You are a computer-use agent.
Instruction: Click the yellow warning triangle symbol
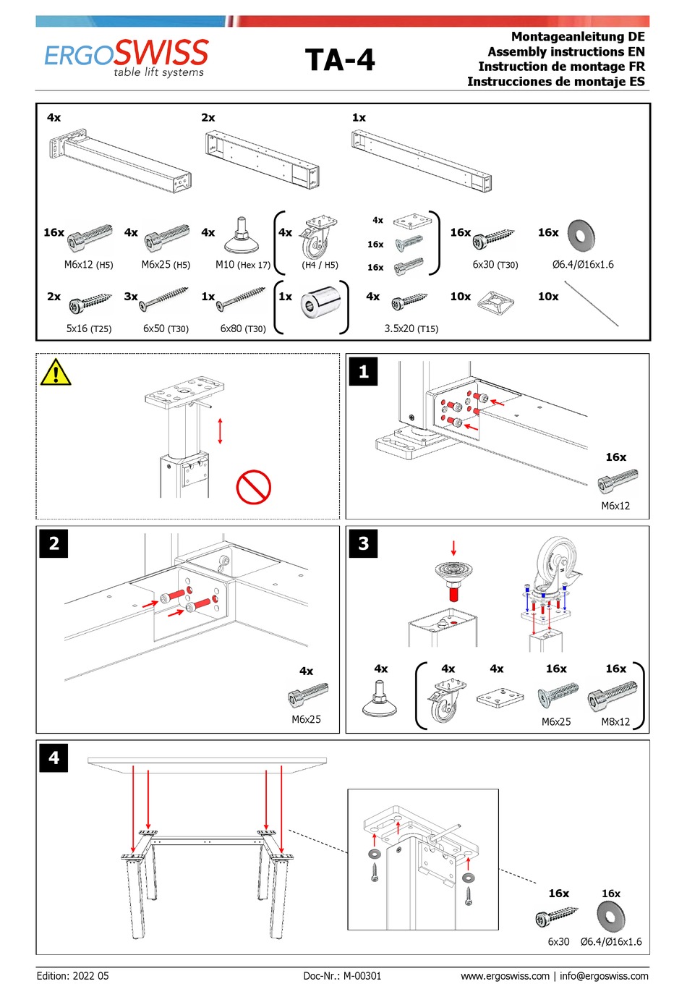point(56,373)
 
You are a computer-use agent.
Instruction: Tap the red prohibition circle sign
point(253,487)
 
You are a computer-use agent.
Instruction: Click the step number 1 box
point(363,372)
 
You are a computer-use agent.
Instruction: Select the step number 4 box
point(54,758)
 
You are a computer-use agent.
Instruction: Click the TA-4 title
point(340,60)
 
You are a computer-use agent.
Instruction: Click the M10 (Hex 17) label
point(242,265)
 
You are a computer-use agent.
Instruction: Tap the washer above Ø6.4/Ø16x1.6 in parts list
point(581,235)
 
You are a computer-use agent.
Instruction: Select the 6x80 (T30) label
point(243,328)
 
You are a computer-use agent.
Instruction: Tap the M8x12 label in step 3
point(615,721)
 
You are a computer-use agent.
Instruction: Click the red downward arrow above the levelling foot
point(454,548)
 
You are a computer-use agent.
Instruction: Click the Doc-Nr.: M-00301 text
point(342,976)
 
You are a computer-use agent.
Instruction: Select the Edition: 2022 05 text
point(72,976)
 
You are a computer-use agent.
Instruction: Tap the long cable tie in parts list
point(591,304)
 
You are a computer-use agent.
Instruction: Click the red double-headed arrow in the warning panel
point(221,431)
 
